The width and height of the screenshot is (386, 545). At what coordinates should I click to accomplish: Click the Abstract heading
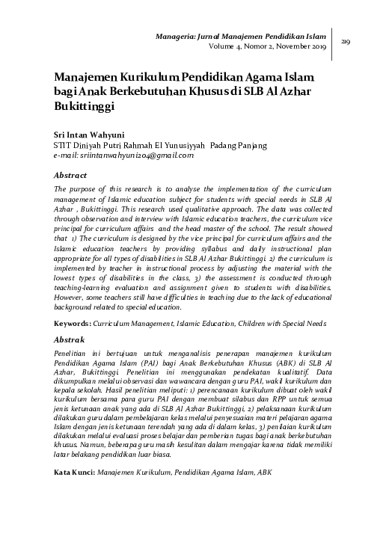click(x=71, y=173)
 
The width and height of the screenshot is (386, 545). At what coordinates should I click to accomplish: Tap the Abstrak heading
click(x=70, y=339)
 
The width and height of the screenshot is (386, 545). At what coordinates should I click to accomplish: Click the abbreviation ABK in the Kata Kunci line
click(x=266, y=472)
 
